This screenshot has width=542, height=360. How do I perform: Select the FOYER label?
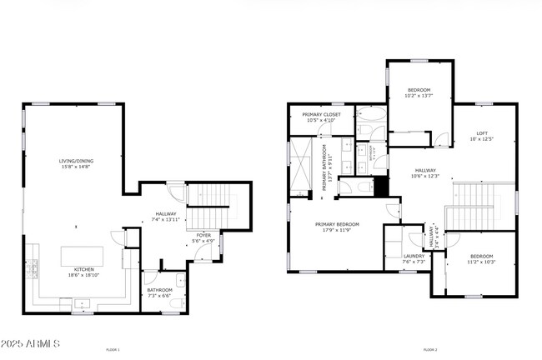(x=203, y=236)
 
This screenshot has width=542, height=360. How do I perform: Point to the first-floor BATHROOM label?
(x=159, y=290)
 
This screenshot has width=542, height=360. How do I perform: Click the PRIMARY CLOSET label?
(x=319, y=115)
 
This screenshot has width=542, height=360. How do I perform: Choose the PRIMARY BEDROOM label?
(x=337, y=224)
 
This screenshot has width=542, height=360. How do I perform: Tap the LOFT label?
(x=482, y=132)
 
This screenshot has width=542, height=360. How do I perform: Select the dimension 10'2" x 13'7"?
(x=419, y=96)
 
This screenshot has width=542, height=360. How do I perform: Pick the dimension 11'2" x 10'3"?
(x=482, y=262)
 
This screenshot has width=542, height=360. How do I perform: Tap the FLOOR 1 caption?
(x=113, y=349)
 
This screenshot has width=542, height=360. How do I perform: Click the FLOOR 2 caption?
(x=429, y=349)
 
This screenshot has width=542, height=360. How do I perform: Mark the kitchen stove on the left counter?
(x=34, y=268)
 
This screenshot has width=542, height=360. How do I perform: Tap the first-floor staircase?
(x=213, y=207)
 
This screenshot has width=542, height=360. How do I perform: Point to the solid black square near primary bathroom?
(x=381, y=187)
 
